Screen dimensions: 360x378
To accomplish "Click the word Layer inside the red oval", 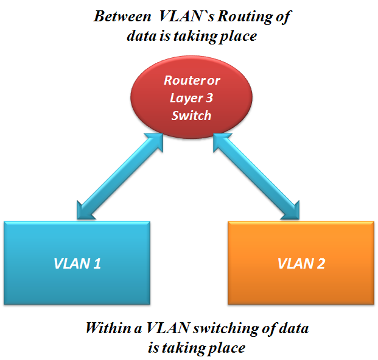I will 180,98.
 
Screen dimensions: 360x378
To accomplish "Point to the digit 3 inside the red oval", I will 208,98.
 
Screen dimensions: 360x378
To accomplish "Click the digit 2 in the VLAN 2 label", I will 321,264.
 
